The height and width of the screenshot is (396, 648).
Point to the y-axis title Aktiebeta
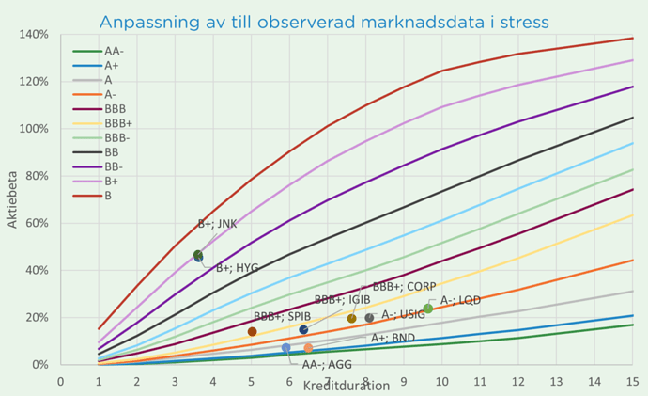point(13,199)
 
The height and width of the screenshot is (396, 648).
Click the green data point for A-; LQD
point(428,309)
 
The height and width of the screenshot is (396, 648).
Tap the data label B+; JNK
point(217,224)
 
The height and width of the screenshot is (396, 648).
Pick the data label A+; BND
point(393,338)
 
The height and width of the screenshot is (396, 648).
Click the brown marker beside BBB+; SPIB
point(252,331)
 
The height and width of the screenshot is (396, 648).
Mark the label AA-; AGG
point(327,363)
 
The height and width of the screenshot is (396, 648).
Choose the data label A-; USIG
point(403,315)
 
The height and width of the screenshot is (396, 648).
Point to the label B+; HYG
point(237,268)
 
